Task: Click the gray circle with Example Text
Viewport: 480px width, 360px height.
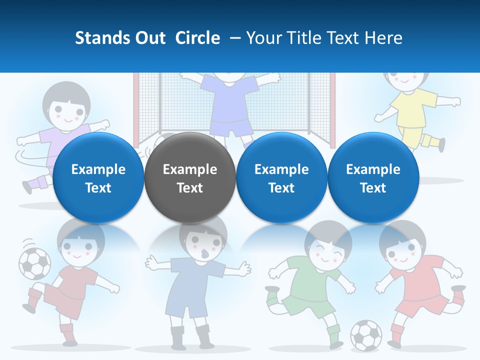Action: coord(189,178)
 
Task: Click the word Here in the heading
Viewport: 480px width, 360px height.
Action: coord(384,38)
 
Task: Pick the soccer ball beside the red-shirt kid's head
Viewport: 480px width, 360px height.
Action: coord(34,263)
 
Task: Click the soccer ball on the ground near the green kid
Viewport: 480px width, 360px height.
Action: coord(366,334)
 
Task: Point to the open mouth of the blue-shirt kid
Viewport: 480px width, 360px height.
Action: coord(202,254)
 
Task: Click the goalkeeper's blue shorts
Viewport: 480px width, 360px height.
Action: coord(230,127)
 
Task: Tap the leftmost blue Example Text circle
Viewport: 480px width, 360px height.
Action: coord(98,178)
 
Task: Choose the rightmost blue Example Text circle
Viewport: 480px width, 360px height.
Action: coord(373,178)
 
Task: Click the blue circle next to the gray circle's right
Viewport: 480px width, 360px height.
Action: coord(281,178)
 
